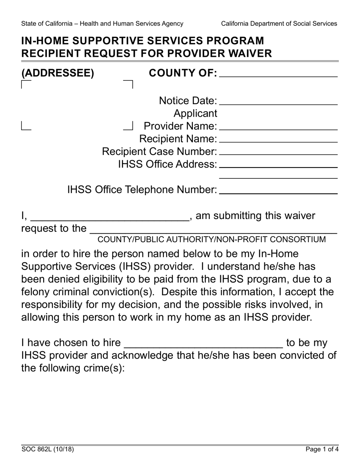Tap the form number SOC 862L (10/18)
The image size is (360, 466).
coord(47,450)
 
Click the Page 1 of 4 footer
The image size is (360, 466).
coord(322,450)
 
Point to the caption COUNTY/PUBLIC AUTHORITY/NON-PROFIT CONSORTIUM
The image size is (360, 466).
coord(211,239)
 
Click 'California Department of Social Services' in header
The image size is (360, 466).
coord(279,23)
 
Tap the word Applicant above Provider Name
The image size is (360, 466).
coord(195,113)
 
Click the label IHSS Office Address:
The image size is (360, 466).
coord(167,164)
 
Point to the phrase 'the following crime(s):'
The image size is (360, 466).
coord(73,368)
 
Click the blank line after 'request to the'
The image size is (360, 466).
coord(213,230)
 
